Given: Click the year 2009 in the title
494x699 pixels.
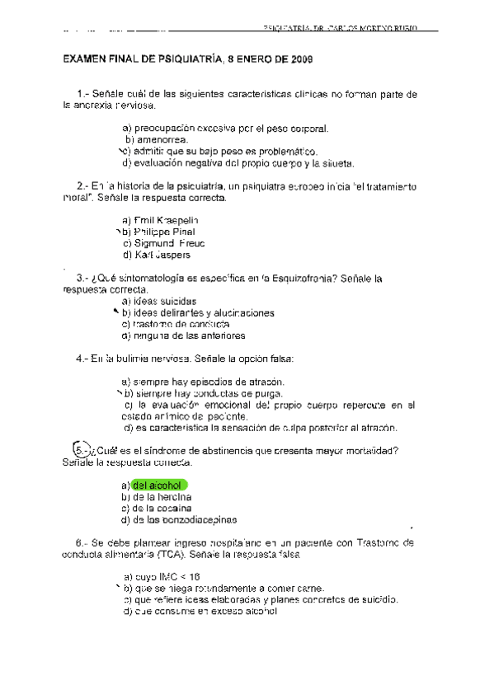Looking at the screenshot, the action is (x=299, y=59).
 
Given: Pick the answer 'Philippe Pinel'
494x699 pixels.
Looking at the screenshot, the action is (x=158, y=232).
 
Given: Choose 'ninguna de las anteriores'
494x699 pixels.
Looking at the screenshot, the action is (x=182, y=336).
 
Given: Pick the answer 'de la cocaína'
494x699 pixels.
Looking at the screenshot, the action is (x=156, y=509).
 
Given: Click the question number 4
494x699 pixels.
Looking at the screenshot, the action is (x=81, y=359).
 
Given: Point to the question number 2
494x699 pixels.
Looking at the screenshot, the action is (x=81, y=186).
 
